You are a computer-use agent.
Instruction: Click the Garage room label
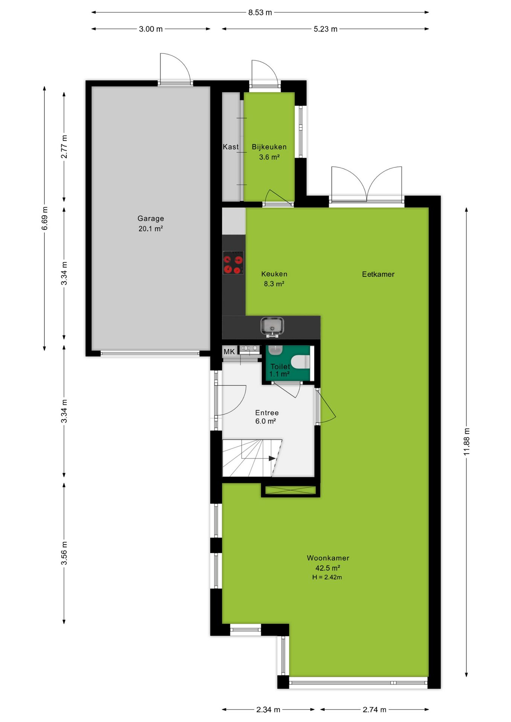pyautogui.click(x=151, y=218)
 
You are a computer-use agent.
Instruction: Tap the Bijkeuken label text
pyautogui.click(x=269, y=147)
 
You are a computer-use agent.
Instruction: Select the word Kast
pyautogui.click(x=231, y=147)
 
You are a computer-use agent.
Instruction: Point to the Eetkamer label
pyautogui.click(x=378, y=274)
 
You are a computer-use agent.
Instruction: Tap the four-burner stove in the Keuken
pyautogui.click(x=233, y=262)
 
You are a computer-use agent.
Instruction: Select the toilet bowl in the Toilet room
pyautogui.click(x=300, y=362)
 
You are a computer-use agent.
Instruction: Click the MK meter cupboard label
pyautogui.click(x=229, y=352)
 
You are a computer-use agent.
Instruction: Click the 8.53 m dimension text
pyautogui.click(x=260, y=12)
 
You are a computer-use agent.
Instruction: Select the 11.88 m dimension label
pyautogui.click(x=467, y=441)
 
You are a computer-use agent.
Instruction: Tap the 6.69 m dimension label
pyautogui.click(x=45, y=218)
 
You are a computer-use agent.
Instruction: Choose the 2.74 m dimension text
pyautogui.click(x=374, y=710)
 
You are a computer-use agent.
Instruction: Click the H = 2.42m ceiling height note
pyautogui.click(x=327, y=577)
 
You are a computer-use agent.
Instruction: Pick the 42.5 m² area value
pyautogui.click(x=328, y=568)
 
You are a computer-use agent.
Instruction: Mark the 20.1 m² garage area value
pyautogui.click(x=151, y=229)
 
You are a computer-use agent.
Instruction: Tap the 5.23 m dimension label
pyautogui.click(x=325, y=29)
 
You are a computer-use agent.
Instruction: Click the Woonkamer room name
pyautogui.click(x=328, y=558)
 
